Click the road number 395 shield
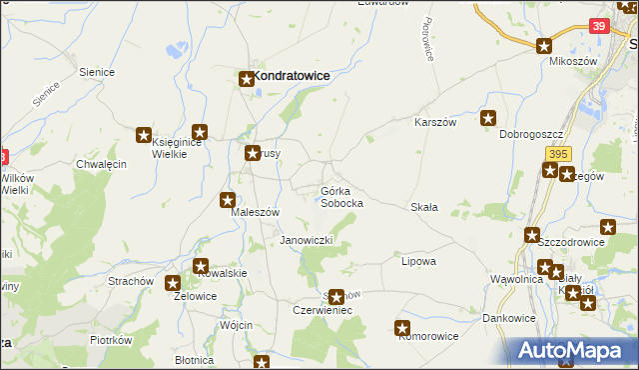click(x=558, y=152)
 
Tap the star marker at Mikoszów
click(x=544, y=45)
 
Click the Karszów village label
click(x=435, y=122)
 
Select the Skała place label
click(x=424, y=207)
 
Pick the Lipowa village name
click(x=418, y=261)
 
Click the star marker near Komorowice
click(x=402, y=327)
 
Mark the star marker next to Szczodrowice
click(x=532, y=235)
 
